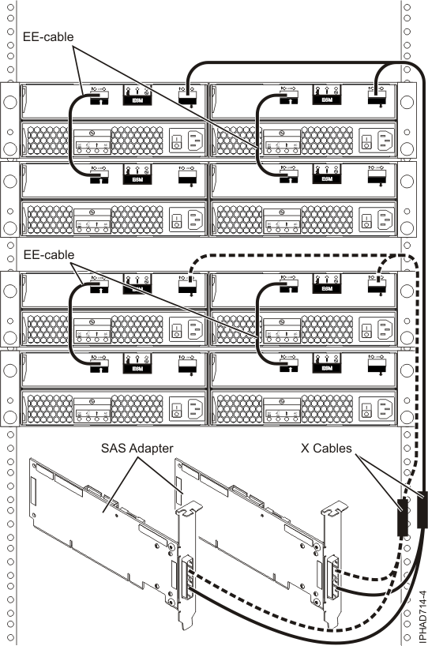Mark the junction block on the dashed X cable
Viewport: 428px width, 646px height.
click(402, 517)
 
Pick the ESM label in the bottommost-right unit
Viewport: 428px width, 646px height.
click(325, 368)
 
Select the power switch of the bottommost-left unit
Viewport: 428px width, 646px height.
click(175, 409)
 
